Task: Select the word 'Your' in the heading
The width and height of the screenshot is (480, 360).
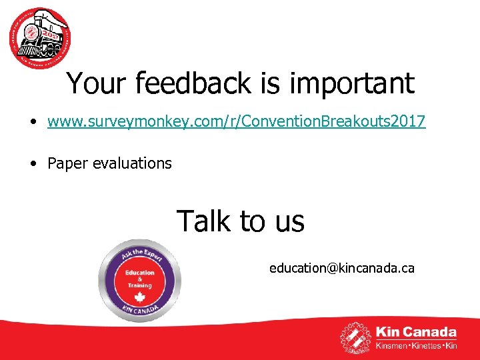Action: point(97,84)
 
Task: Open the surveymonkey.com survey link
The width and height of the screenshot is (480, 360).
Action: point(237,122)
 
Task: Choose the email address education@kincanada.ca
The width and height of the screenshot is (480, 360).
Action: point(341,268)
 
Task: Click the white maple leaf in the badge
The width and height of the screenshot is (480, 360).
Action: point(139,297)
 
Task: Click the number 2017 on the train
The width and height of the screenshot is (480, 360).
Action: point(51,33)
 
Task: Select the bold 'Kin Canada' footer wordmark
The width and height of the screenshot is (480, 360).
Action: point(416,332)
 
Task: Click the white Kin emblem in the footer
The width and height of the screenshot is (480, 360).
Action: point(356,338)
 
